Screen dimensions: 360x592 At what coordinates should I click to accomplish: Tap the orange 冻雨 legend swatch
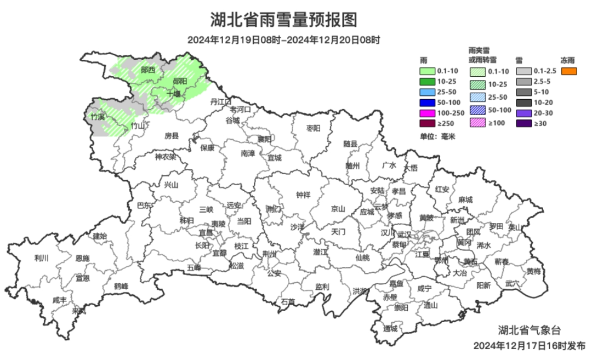tap(569, 71)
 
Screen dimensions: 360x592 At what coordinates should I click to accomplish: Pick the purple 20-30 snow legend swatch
tap(523, 113)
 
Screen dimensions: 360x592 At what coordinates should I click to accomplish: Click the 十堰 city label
tap(173, 93)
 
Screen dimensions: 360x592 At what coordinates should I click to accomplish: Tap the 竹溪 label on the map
tap(98, 117)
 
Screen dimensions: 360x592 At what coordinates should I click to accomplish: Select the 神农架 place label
tap(166, 157)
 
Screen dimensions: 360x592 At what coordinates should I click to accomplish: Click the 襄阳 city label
tap(264, 139)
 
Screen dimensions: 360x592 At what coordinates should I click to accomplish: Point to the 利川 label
tap(42, 258)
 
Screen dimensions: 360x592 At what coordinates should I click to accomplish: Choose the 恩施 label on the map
tap(83, 258)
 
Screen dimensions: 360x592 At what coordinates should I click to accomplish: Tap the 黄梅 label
tap(533, 271)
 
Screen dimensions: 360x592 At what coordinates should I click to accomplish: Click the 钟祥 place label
tap(303, 195)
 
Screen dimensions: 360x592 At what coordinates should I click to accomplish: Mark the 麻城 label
tap(465, 200)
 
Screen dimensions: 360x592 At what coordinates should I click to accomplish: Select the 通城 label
tap(391, 329)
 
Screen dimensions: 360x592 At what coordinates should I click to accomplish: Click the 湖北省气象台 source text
tap(529, 330)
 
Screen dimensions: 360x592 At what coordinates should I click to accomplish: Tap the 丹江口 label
tap(221, 102)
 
